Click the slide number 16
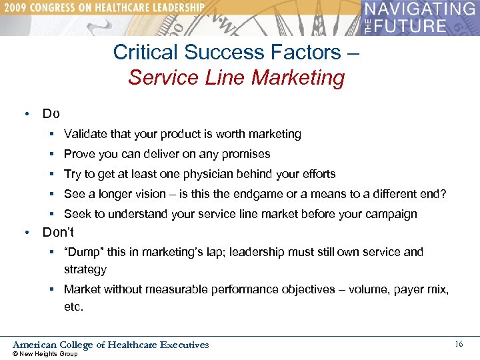459,344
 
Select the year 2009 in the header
15,7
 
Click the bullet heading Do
51,114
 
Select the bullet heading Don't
58,233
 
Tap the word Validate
85,134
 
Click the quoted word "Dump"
84,252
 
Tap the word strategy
85,269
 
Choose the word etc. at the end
73,307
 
